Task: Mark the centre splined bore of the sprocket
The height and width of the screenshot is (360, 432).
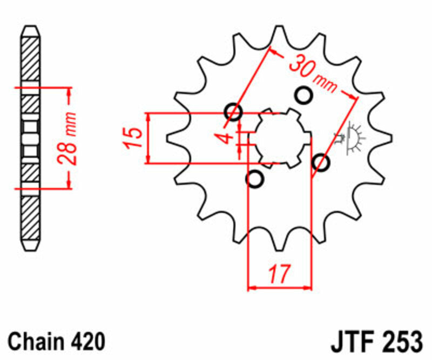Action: (x=279, y=138)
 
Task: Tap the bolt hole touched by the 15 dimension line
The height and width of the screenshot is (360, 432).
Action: (x=234, y=112)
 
